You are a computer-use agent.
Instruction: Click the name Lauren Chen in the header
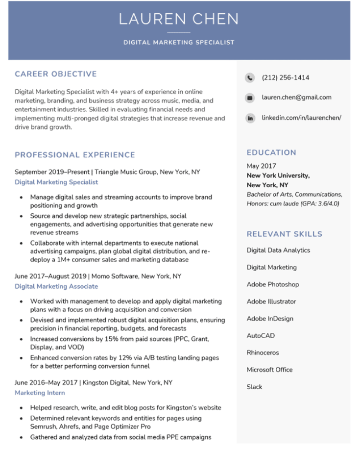pyautogui.click(x=179, y=19)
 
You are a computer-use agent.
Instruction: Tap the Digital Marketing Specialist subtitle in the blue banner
pyautogui.click(x=179, y=43)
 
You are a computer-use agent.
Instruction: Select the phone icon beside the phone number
pyautogui.click(x=250, y=77)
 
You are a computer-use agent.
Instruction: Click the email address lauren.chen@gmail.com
pyautogui.click(x=296, y=98)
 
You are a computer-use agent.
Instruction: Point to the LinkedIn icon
pyautogui.click(x=250, y=118)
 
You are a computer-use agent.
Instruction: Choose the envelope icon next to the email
pyautogui.click(x=250, y=98)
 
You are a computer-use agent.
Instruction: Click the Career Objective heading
pyautogui.click(x=56, y=74)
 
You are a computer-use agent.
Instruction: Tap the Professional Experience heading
pyautogui.click(x=75, y=155)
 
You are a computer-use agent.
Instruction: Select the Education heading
pyautogui.click(x=271, y=152)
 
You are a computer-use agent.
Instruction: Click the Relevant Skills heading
pyautogui.click(x=285, y=234)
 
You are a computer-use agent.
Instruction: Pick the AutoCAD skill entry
pyautogui.click(x=261, y=336)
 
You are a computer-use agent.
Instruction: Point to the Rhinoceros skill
pyautogui.click(x=263, y=352)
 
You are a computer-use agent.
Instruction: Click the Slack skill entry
pyautogui.click(x=255, y=387)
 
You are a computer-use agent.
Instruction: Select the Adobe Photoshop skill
pyautogui.click(x=273, y=284)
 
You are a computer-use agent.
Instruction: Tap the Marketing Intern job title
pyautogui.click(x=40, y=393)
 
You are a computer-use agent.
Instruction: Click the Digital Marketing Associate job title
pyautogui.click(x=56, y=286)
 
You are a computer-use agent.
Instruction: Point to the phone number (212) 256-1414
pyautogui.click(x=286, y=77)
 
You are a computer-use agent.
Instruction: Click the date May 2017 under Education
pyautogui.click(x=262, y=166)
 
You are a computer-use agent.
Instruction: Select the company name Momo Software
pyautogui.click(x=115, y=276)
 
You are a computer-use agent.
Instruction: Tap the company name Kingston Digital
pyautogui.click(x=106, y=383)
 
